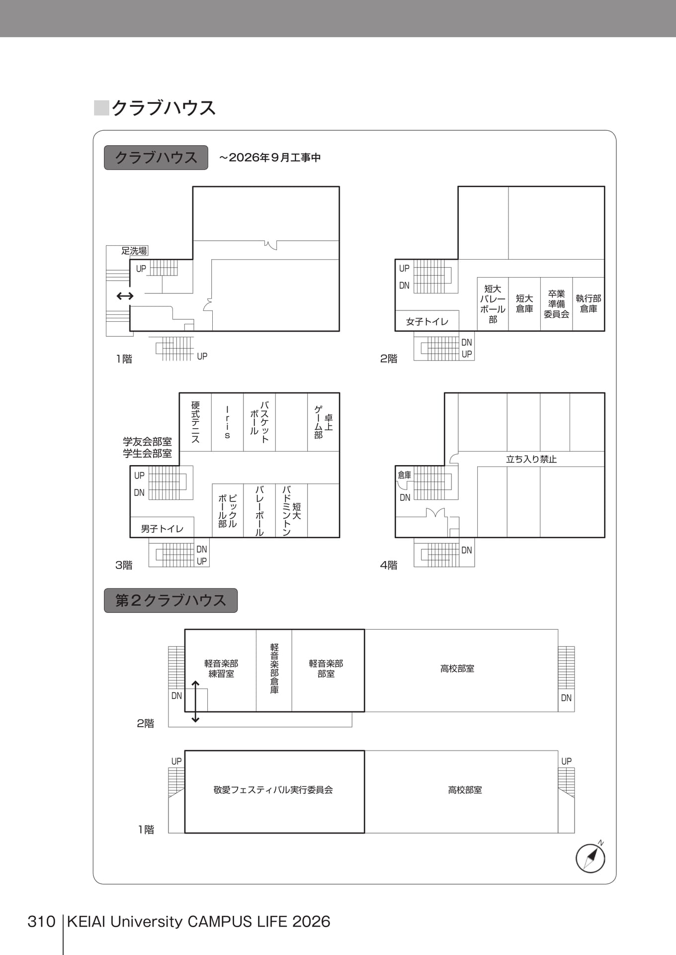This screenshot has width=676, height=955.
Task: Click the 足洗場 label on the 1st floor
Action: point(134,251)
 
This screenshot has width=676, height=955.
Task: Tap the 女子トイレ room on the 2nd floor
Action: point(427,321)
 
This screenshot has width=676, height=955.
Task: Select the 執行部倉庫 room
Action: point(589,304)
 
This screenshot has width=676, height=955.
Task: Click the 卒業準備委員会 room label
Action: point(556,304)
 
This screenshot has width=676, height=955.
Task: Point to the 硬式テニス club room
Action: point(195,422)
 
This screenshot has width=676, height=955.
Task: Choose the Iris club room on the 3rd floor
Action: point(227,422)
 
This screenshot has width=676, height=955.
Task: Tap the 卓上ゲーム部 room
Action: point(323,422)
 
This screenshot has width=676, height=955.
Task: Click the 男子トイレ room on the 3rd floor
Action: point(162,528)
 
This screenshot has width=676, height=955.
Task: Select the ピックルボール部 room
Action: point(228,510)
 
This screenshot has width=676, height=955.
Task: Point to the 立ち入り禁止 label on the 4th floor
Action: point(531,459)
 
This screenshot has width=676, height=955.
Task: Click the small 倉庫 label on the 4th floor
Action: point(405,475)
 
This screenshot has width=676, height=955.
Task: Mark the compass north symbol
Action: point(591,857)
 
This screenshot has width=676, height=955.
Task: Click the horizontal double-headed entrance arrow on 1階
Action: point(125,296)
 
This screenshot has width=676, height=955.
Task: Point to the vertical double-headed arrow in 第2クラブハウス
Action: point(195,701)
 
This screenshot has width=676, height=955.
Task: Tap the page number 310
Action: point(41,922)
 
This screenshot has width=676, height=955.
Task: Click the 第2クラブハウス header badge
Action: point(170,600)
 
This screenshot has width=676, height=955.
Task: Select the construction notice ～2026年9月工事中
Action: point(270,158)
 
